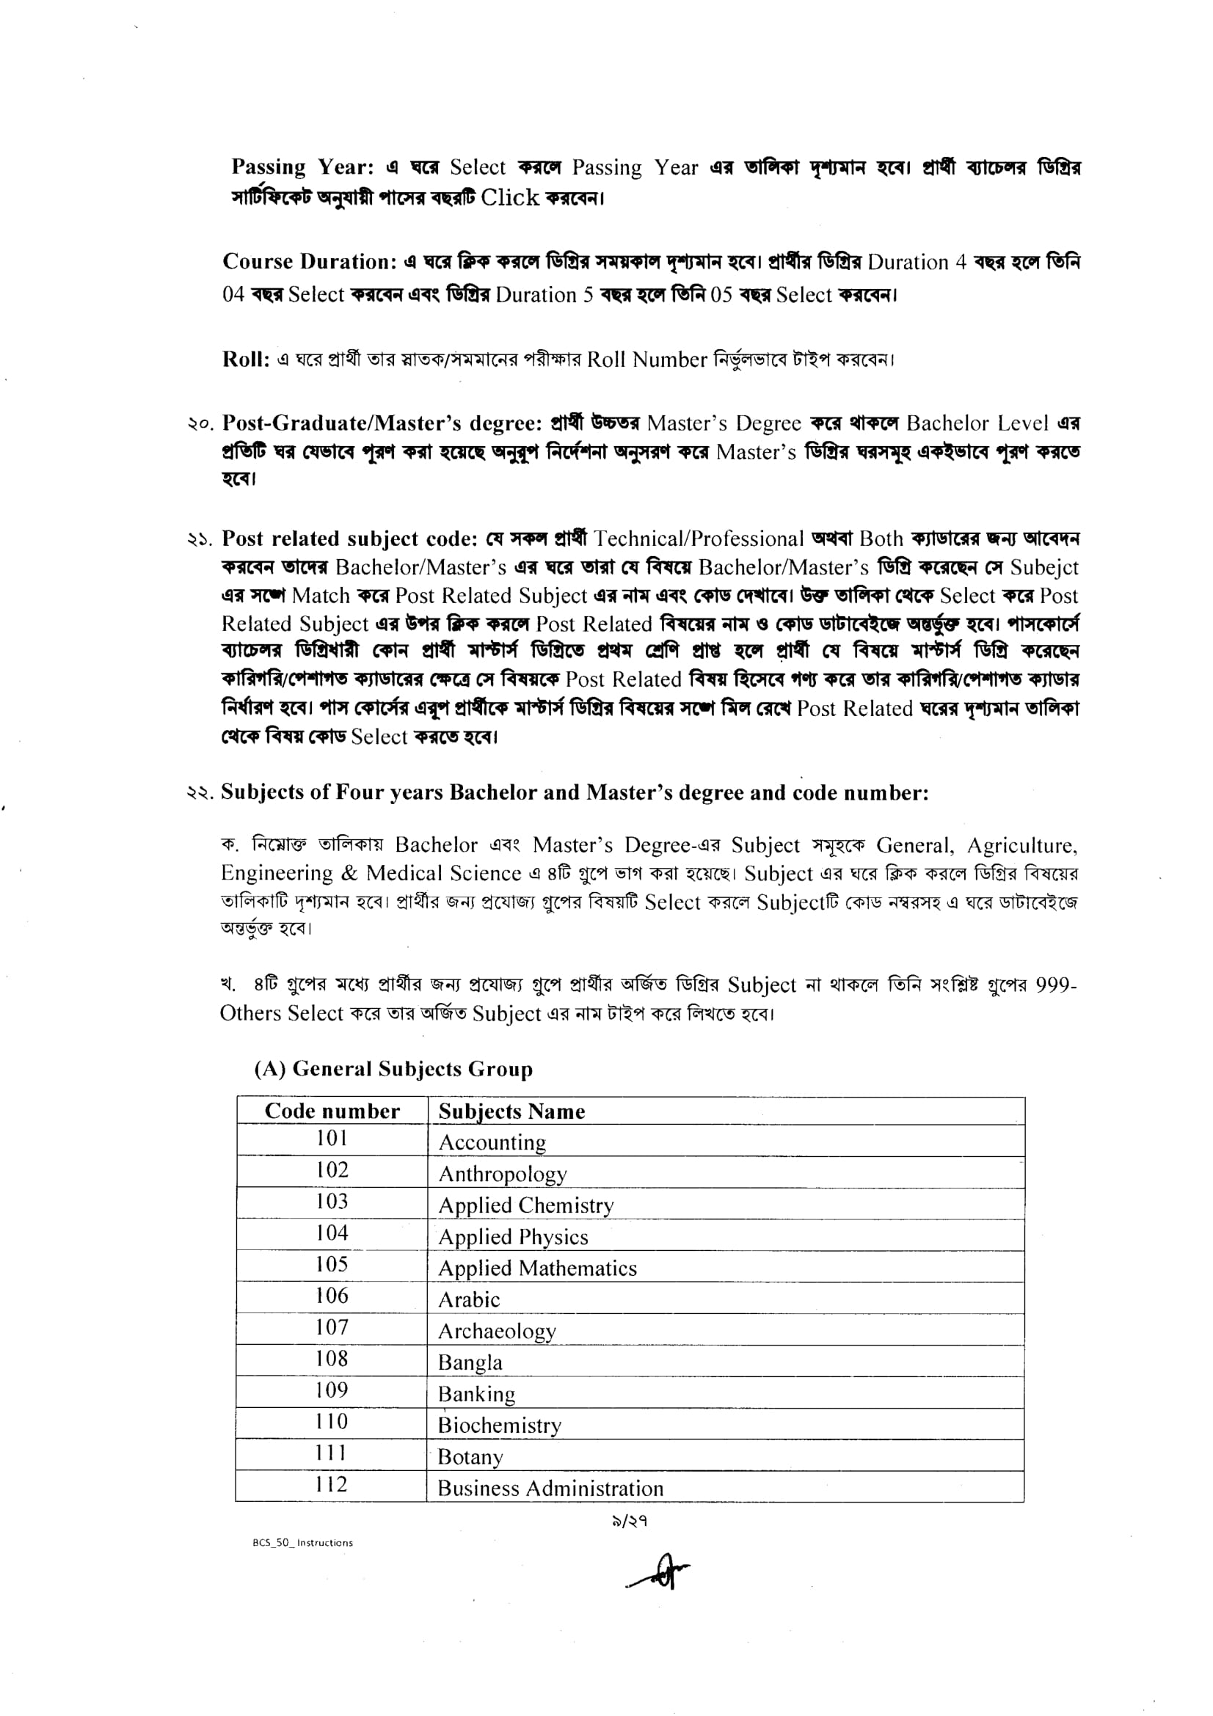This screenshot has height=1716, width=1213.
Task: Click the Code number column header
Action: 332,1111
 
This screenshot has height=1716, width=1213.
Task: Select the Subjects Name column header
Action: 511,1111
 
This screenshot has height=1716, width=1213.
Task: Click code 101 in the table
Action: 332,1139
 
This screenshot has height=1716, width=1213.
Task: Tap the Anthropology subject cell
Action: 502,1174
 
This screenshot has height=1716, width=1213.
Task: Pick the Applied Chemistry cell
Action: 525,1205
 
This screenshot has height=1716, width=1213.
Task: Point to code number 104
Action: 332,1233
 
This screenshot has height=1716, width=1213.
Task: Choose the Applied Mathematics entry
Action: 537,1268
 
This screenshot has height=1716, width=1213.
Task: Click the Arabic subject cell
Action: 469,1300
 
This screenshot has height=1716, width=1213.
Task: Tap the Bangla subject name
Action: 470,1362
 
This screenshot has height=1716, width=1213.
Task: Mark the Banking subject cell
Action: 476,1394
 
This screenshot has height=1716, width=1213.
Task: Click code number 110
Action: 332,1421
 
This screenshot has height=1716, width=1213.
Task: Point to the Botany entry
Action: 470,1457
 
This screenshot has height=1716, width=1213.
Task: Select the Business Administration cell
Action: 550,1488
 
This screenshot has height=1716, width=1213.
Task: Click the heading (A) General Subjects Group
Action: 393,1069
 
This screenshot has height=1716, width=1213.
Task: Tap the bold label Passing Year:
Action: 302,167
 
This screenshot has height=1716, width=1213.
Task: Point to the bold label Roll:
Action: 245,359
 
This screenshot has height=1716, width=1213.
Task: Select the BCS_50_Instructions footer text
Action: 302,1543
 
